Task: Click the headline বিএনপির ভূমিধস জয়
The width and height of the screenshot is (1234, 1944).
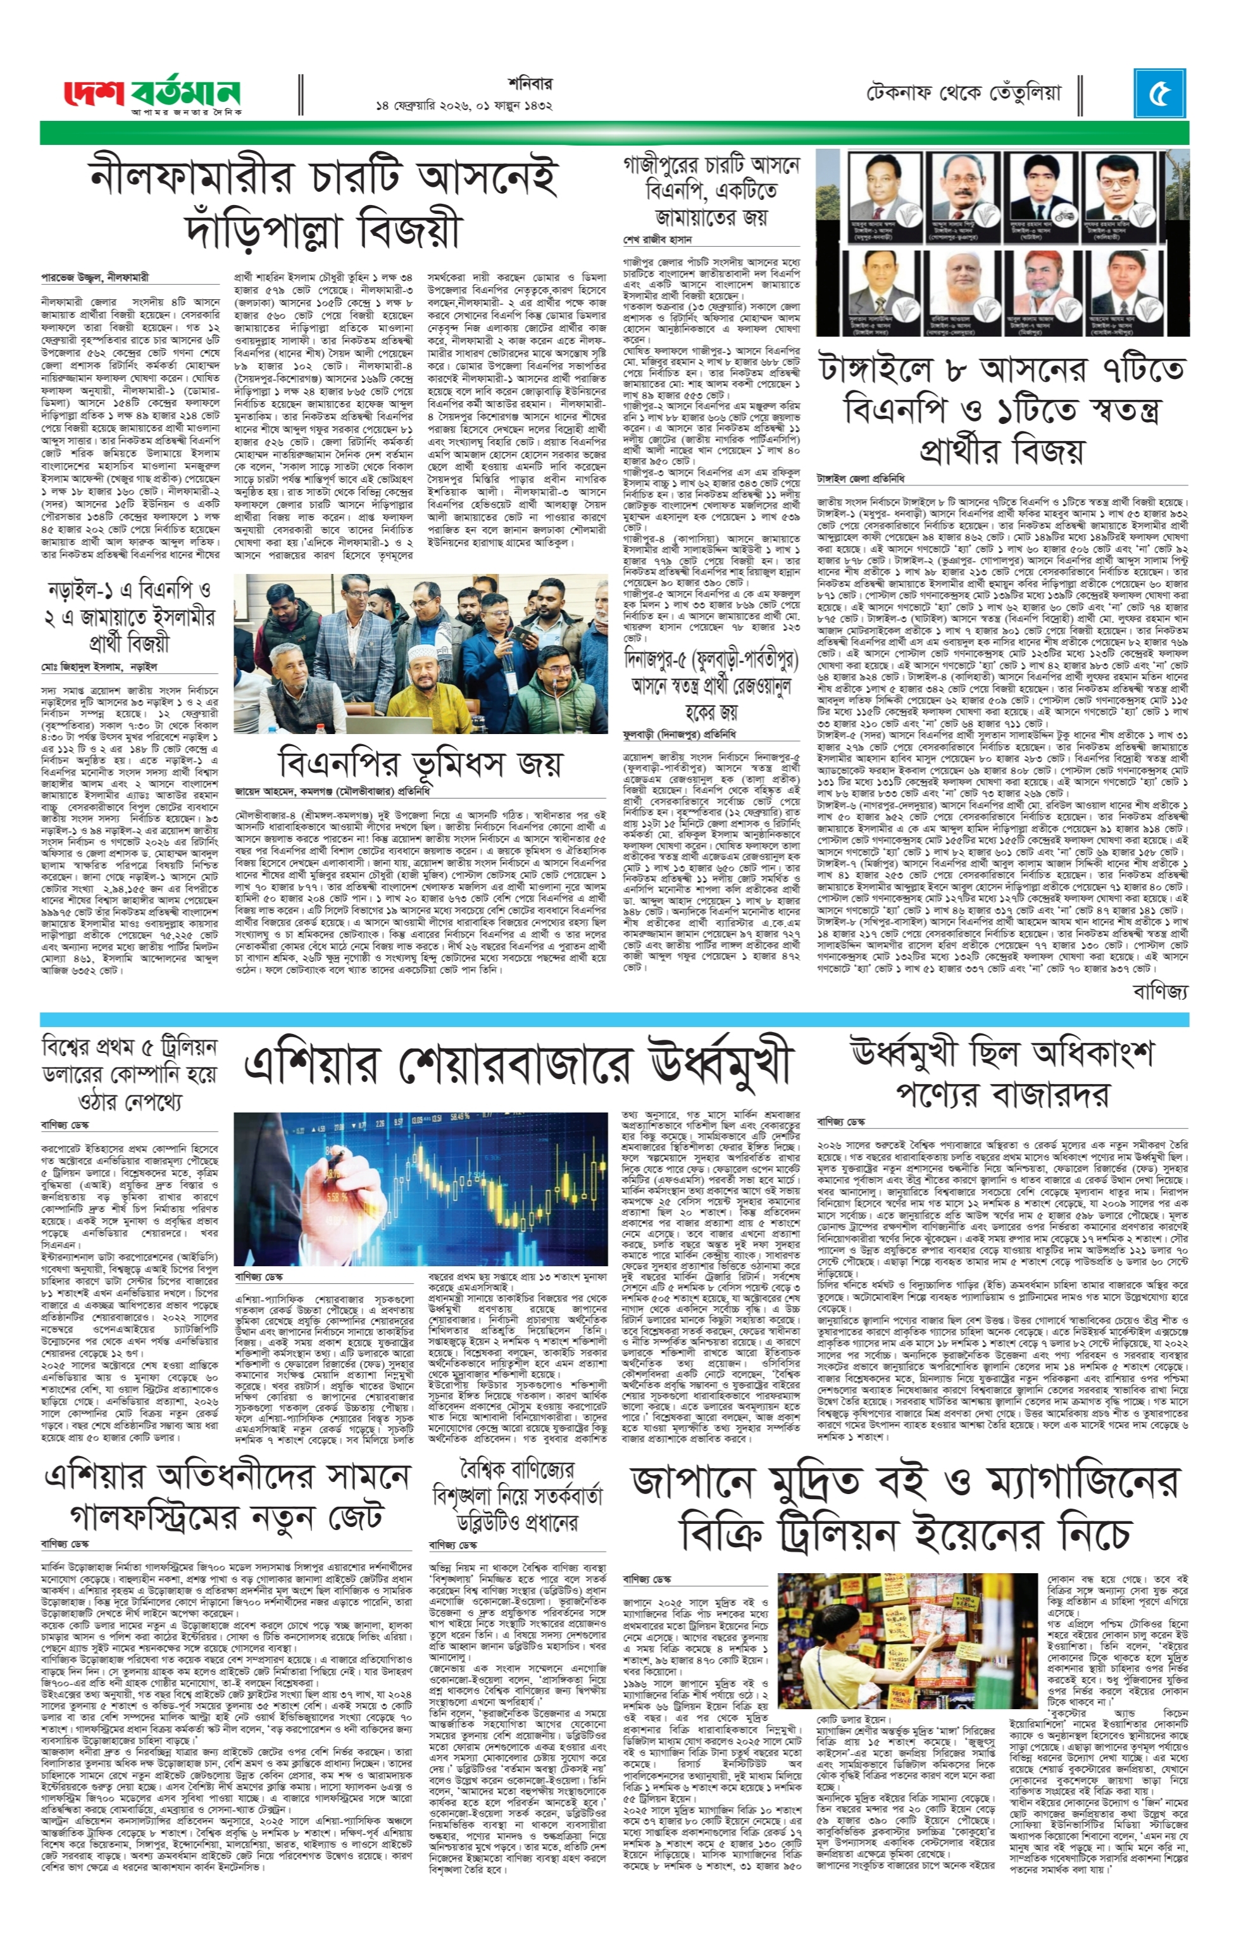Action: coord(420,762)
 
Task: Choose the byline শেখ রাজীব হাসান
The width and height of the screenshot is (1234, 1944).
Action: coord(657,240)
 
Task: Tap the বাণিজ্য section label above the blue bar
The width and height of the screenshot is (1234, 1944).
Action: coord(1160,992)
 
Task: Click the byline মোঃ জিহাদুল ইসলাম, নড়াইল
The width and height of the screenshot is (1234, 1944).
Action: coord(99,667)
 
